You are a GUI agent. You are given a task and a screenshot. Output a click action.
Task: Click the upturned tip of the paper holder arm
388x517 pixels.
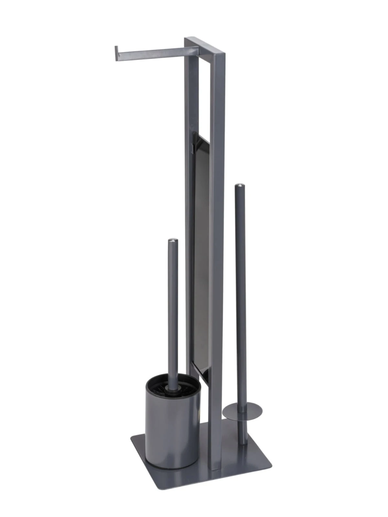pyautogui.click(x=116, y=53)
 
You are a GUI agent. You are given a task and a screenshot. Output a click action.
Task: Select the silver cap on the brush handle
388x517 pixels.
pyautogui.click(x=173, y=240)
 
